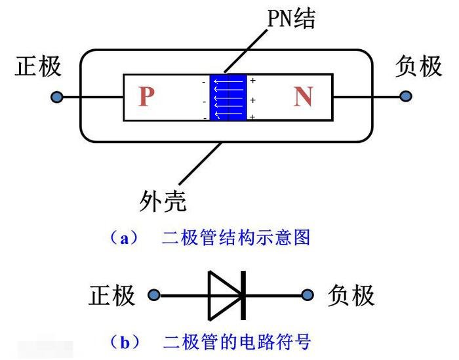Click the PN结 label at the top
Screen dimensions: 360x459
(x=291, y=19)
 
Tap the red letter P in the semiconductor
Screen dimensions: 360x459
(x=147, y=97)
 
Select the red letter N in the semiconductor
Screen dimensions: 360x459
(x=303, y=97)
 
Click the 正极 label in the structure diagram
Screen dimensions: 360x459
(x=39, y=66)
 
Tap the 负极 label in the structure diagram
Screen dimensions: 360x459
(x=418, y=66)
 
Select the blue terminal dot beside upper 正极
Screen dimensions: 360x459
(x=58, y=97)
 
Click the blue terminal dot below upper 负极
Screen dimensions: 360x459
(x=406, y=97)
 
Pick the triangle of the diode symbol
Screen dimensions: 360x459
(x=223, y=296)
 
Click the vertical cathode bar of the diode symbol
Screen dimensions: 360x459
(x=243, y=296)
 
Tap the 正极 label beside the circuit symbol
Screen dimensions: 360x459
(x=112, y=296)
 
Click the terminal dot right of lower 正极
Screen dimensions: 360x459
(x=154, y=296)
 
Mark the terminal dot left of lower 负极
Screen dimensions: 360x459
(x=306, y=296)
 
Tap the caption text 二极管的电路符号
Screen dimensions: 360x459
(x=235, y=342)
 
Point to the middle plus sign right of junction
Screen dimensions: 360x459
(x=253, y=100)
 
